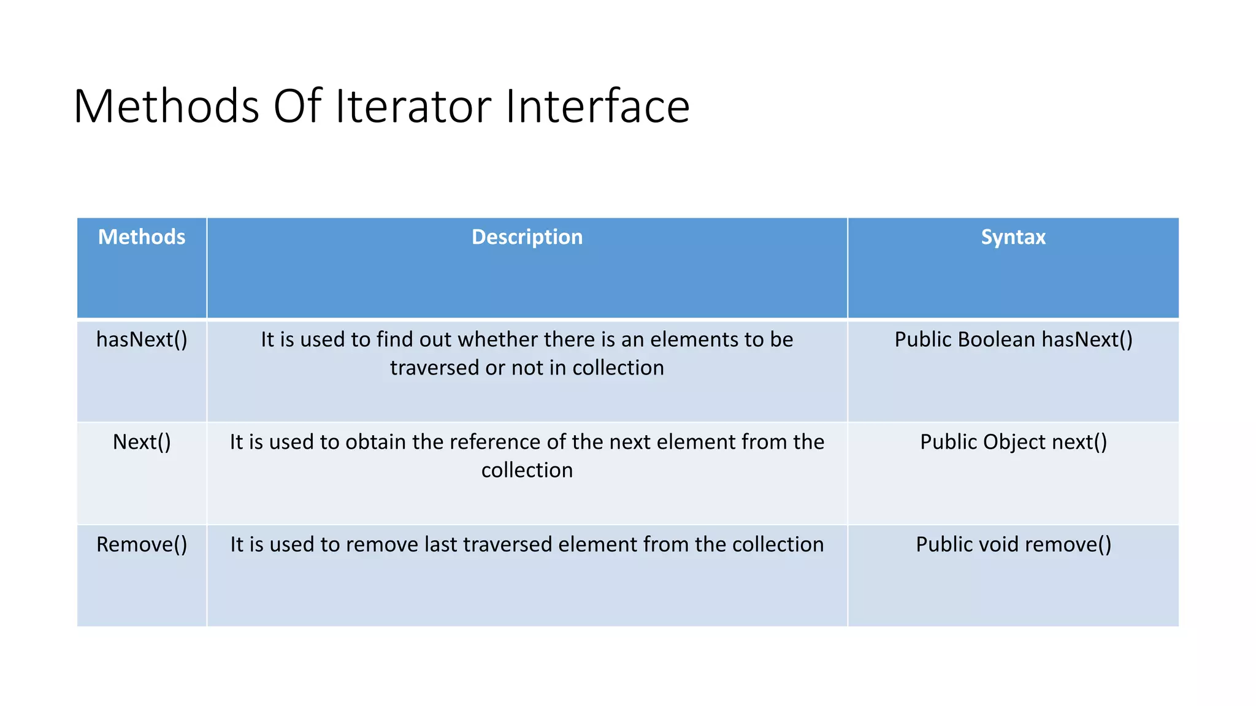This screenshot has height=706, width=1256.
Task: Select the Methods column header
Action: [x=142, y=237]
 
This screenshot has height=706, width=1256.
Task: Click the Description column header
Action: [x=527, y=237]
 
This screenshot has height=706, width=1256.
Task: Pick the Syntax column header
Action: [x=1013, y=237]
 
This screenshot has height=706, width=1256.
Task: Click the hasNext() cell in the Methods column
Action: [x=142, y=340]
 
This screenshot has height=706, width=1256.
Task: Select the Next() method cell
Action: [x=142, y=442]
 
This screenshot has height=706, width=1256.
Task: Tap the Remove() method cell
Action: [x=142, y=544]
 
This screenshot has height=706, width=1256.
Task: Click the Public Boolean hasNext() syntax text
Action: [x=1013, y=340]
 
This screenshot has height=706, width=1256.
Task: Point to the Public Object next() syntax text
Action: [x=1013, y=442]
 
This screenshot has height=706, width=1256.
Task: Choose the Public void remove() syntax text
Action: [x=1013, y=544]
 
